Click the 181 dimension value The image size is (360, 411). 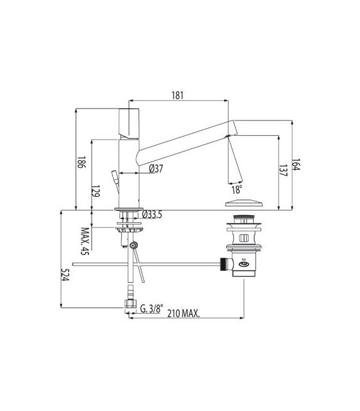177,95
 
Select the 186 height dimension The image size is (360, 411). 81,162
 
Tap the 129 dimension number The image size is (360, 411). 96,191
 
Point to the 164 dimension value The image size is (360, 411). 295,164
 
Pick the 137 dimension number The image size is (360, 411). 283,170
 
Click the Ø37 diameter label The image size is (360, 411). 156,169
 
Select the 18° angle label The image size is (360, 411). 236,189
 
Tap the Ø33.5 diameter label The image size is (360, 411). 152,215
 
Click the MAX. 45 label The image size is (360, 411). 85,241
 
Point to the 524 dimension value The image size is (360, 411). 64,275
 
